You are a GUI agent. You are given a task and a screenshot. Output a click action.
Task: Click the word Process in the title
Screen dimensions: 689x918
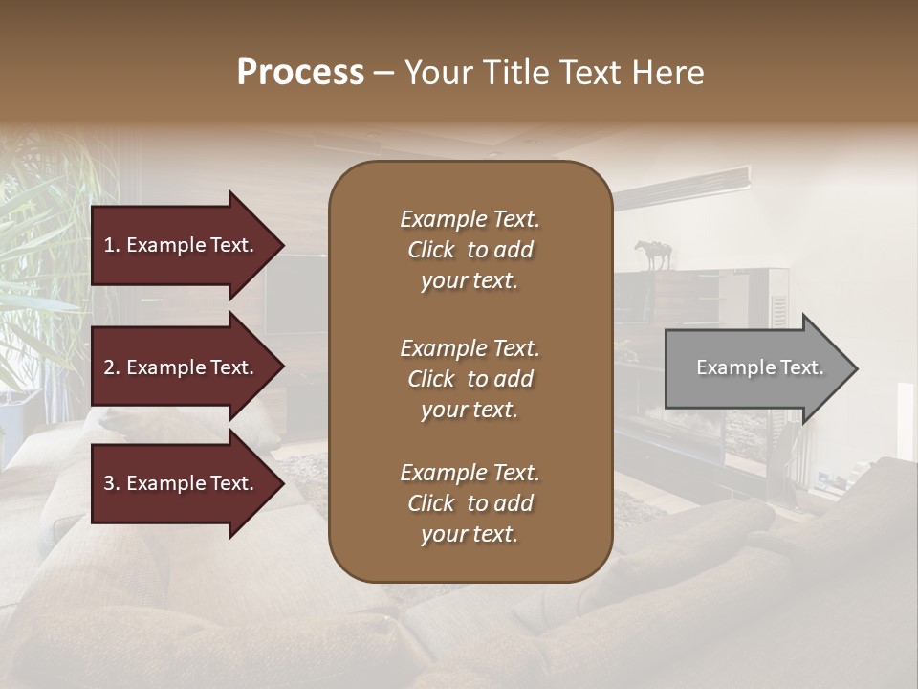(x=300, y=73)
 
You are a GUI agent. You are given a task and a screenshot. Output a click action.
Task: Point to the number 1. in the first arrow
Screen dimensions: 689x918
(x=112, y=245)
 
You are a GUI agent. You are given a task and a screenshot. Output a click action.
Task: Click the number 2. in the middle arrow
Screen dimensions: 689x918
(x=112, y=367)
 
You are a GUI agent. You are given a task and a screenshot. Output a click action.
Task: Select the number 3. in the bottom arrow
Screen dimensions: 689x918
(x=112, y=483)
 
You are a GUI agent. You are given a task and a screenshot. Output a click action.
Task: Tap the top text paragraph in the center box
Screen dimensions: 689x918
(x=470, y=250)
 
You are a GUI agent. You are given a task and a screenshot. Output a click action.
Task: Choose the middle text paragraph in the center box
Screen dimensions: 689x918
(x=470, y=379)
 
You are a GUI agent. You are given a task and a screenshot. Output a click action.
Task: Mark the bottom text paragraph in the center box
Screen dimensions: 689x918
(x=470, y=503)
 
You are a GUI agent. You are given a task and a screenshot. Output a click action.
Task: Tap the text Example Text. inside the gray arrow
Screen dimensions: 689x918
(x=759, y=367)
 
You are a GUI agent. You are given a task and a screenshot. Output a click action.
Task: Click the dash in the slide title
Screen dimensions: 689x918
(x=383, y=73)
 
